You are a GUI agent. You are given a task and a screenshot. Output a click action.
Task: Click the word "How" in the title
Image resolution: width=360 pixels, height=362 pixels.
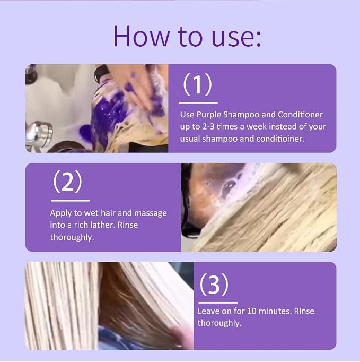(141, 37)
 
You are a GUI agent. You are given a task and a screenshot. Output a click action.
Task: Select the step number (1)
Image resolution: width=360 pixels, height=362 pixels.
(197, 84)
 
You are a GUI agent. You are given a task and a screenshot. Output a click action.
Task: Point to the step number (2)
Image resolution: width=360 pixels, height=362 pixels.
(67, 182)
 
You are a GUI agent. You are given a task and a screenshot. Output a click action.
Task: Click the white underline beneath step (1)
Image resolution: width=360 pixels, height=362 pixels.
(198, 102)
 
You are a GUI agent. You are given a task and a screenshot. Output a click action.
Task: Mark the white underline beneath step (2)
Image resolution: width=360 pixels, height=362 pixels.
(71, 201)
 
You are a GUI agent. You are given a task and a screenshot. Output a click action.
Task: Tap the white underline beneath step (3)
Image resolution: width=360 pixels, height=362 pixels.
(218, 303)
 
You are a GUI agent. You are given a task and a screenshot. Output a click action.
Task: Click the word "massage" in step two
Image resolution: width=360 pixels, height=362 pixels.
(151, 213)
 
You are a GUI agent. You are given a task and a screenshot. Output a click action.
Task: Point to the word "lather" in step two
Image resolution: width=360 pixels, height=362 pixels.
(104, 225)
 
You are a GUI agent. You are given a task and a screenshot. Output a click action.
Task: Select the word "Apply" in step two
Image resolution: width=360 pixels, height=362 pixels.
(61, 213)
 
